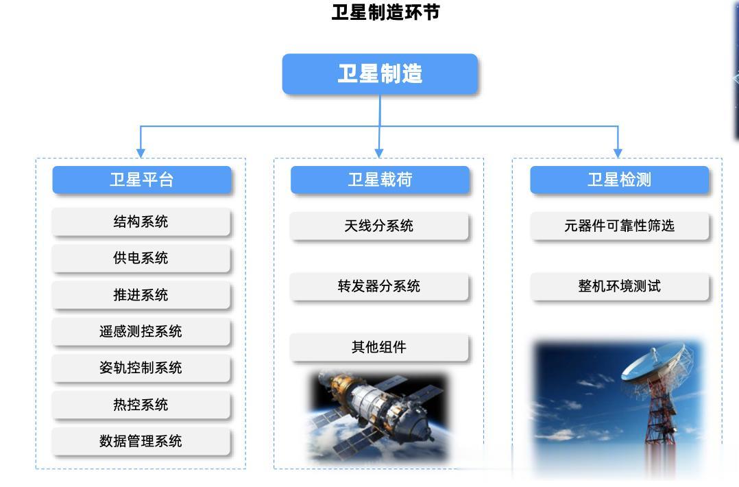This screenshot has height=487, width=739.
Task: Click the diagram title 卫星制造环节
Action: tap(385, 12)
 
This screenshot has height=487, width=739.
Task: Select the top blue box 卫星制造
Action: tap(380, 74)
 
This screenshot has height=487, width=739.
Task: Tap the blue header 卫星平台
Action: tap(142, 180)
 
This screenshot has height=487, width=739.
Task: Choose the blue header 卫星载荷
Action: tap(380, 180)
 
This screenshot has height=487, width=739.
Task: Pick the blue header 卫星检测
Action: tap(619, 180)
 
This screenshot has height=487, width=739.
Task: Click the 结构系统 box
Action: tap(141, 222)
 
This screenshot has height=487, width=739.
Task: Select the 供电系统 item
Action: tap(141, 258)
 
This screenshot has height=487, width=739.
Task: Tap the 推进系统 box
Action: tap(141, 295)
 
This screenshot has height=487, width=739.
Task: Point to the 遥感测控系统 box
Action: tap(141, 331)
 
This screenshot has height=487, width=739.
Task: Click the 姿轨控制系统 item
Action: tap(141, 368)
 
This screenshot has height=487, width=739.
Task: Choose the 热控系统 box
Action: tap(141, 405)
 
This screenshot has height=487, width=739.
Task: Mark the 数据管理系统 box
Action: tap(141, 441)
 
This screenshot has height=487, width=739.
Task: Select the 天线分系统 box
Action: tap(379, 226)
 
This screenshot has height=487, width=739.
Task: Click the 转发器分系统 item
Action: tap(379, 286)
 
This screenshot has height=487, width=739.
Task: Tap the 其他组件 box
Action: tap(379, 347)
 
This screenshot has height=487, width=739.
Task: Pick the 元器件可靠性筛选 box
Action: tap(620, 226)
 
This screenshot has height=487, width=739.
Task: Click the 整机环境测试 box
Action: tap(620, 286)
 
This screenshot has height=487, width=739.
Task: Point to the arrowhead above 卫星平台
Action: tap(141, 154)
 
